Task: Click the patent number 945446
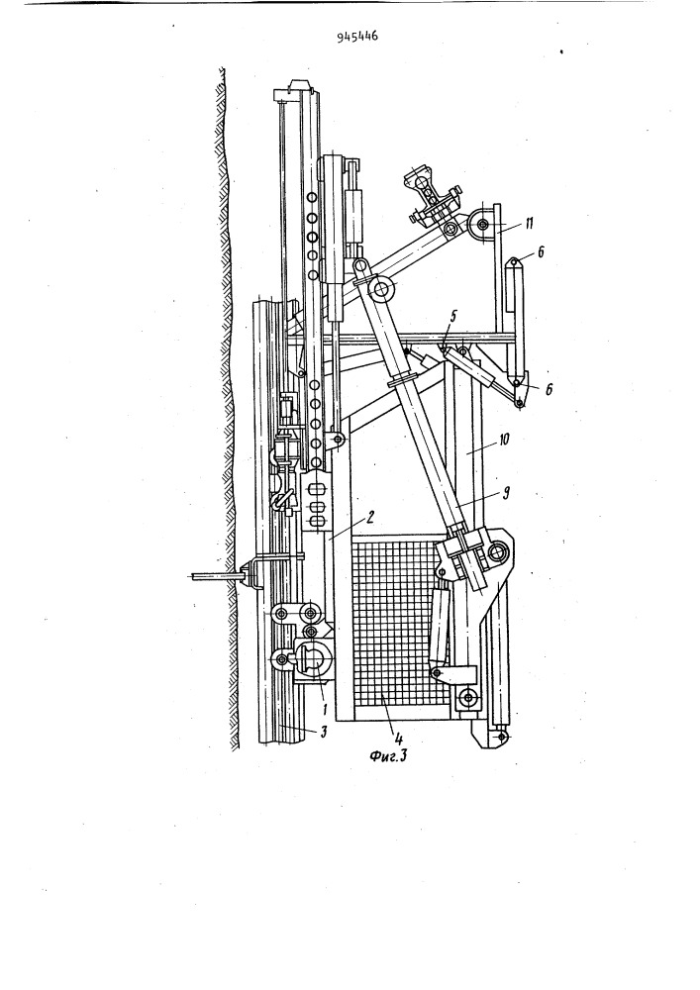(357, 38)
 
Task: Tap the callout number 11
(529, 222)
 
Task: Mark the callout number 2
(370, 518)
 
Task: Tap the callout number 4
(399, 736)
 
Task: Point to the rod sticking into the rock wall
(216, 575)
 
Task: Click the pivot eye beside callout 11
(484, 224)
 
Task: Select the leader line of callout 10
(483, 445)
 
